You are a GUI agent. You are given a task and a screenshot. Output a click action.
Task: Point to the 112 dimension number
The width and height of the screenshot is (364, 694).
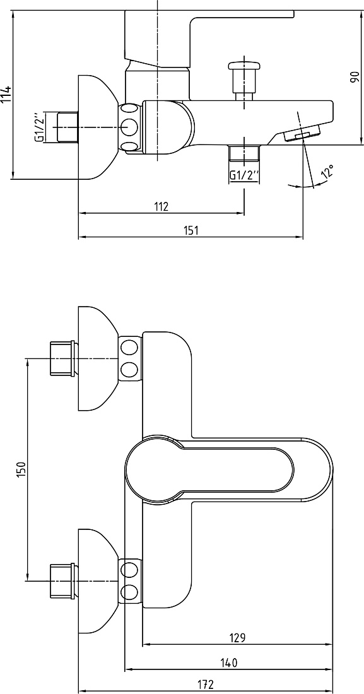[x=161, y=206]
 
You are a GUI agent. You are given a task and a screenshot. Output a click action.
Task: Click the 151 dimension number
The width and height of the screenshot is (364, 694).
[x=191, y=230]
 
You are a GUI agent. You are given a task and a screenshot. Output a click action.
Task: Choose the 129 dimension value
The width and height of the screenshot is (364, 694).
[x=237, y=638]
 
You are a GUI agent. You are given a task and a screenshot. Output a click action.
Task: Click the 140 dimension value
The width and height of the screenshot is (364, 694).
[x=228, y=662]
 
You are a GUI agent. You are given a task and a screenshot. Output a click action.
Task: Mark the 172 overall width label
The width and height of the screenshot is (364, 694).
[x=206, y=685]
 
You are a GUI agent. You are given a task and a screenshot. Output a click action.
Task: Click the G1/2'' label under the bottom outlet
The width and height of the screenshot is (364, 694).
[x=244, y=175]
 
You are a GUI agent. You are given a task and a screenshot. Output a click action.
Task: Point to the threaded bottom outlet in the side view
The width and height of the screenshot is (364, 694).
[x=244, y=153]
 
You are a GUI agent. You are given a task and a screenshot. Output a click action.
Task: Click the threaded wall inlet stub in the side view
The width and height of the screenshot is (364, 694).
[x=68, y=127]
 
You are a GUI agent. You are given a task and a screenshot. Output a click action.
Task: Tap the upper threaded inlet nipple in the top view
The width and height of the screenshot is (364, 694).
[x=62, y=358]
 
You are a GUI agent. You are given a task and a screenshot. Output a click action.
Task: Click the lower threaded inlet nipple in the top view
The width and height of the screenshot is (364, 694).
[x=62, y=580]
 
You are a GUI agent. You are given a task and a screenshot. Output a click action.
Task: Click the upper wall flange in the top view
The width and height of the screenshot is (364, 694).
[x=97, y=358]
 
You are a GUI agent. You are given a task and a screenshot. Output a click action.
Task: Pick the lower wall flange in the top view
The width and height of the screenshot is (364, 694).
[x=97, y=580]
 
